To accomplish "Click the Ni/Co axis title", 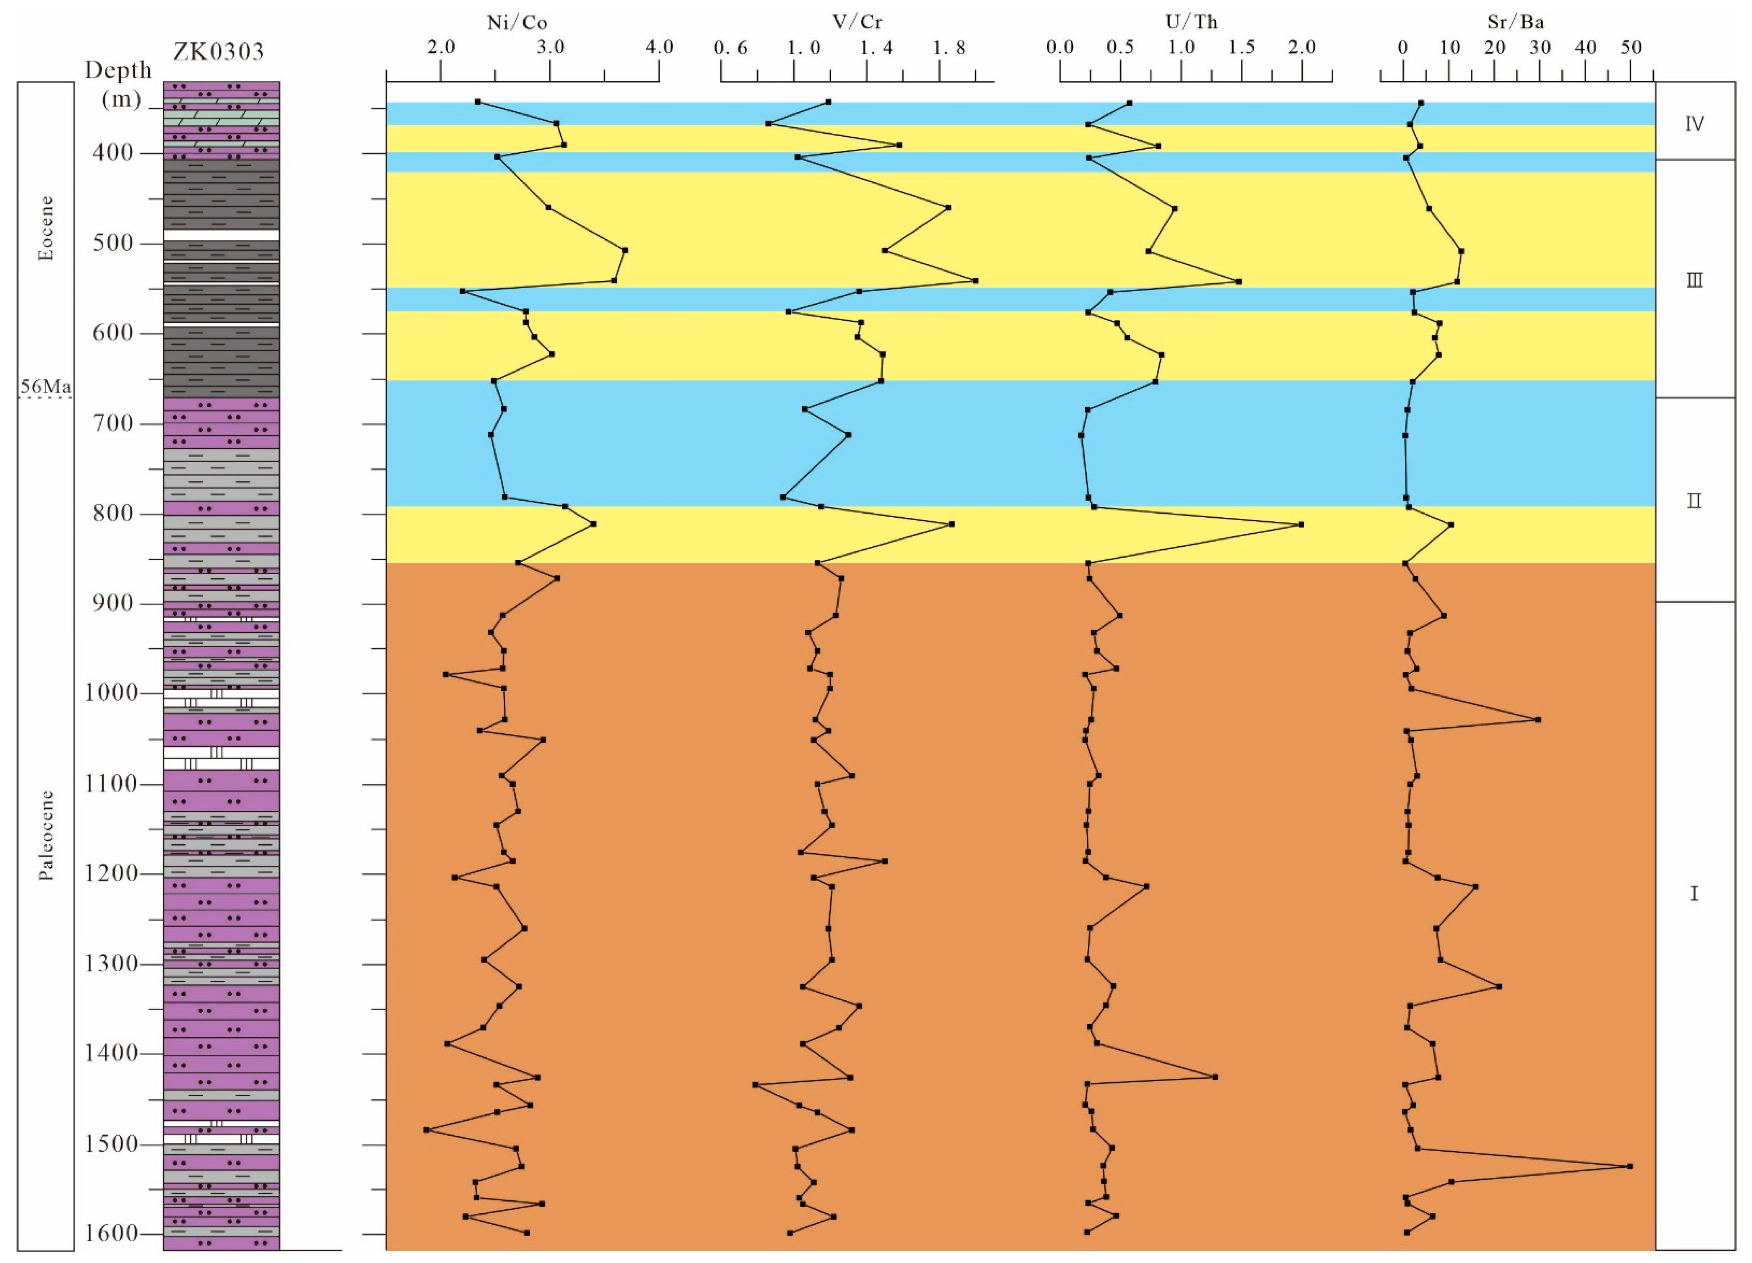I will tap(517, 22).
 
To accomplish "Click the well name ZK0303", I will tap(219, 52).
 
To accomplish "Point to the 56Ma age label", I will tap(46, 386).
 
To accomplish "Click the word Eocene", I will tap(46, 228).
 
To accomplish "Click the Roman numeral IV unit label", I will tap(1694, 124).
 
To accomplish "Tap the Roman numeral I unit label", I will tap(1694, 894).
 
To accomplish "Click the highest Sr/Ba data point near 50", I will tap(1630, 1166).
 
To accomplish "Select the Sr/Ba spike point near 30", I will tap(1537, 720).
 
